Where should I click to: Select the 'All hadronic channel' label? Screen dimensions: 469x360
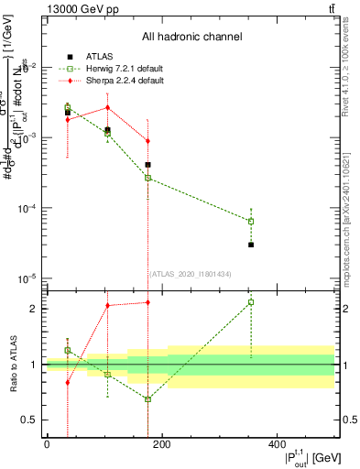[191, 37]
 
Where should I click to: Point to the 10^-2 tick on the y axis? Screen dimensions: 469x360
[30, 67]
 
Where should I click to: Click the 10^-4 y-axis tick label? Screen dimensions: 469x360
[30, 208]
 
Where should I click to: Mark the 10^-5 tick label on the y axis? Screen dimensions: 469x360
[30, 278]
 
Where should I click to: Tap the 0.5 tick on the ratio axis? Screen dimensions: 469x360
[34, 420]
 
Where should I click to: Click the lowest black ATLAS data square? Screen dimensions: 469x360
[251, 245]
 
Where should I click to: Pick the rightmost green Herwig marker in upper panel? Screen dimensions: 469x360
[251, 221]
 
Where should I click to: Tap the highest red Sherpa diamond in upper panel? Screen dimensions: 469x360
[108, 107]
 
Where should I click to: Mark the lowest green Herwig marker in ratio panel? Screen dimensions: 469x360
[147, 399]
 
